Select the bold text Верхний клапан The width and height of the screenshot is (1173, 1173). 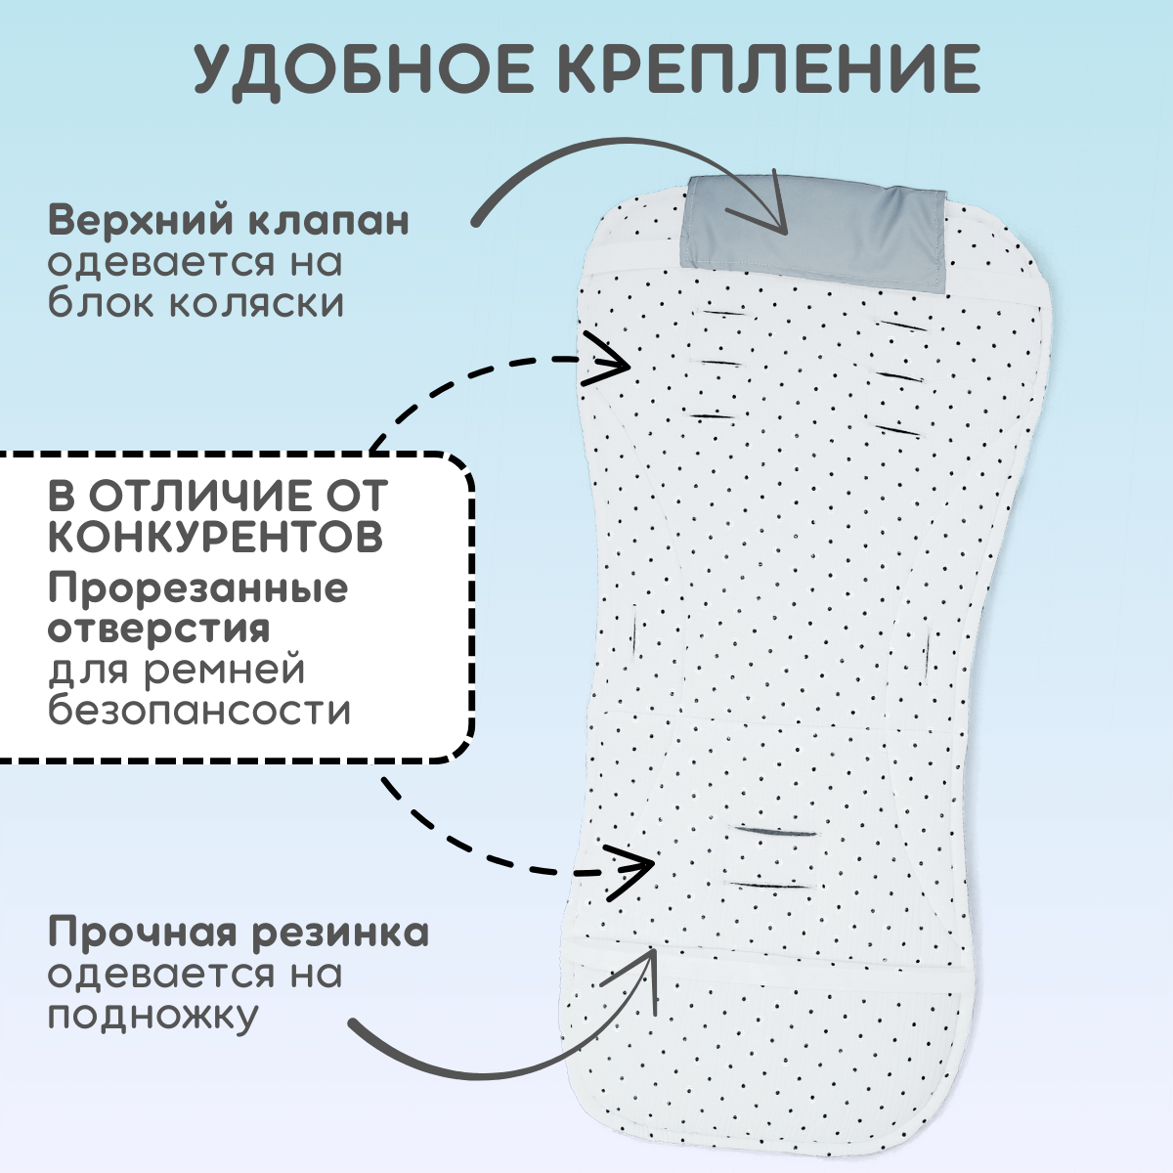(229, 220)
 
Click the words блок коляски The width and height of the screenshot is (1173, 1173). (196, 302)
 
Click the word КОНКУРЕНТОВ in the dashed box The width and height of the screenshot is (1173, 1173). (215, 536)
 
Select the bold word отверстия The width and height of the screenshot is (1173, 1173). (158, 629)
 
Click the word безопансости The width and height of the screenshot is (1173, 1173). (199, 709)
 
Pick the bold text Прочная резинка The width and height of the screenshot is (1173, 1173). (239, 932)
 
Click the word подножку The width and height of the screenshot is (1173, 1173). (152, 1016)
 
